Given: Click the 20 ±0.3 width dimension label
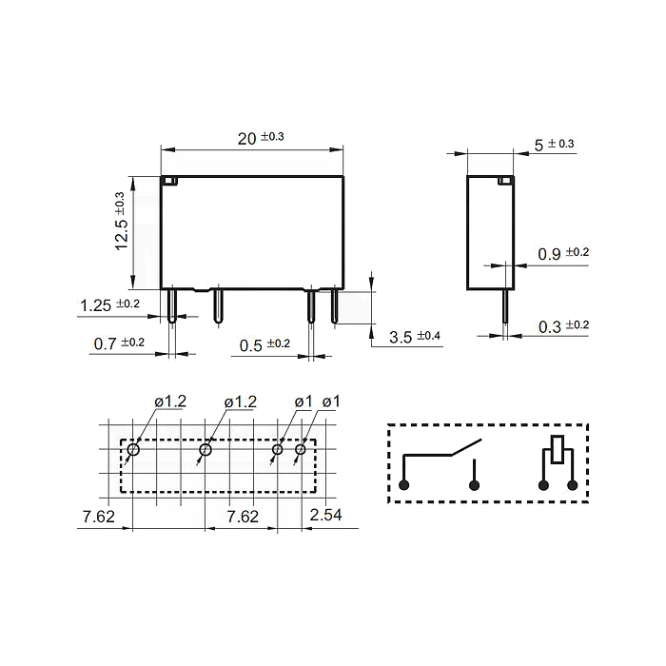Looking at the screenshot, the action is tap(261, 138).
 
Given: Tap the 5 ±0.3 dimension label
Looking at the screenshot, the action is tap(554, 145).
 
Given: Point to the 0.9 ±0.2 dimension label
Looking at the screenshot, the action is tap(563, 254).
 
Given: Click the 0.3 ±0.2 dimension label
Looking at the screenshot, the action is tap(563, 326).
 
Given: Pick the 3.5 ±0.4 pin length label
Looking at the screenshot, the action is tap(415, 337).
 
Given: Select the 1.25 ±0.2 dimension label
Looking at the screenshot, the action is tap(109, 305).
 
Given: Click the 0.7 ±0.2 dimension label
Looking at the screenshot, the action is tap(119, 343).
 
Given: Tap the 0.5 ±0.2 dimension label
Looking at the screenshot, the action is tap(264, 344).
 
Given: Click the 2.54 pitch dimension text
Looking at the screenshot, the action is tap(325, 515).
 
